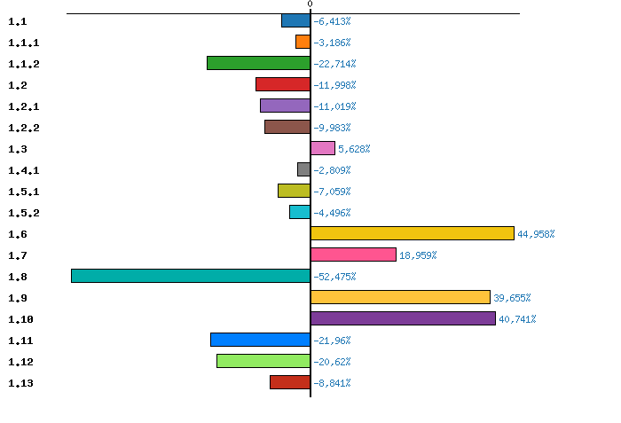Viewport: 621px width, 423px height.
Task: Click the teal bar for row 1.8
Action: click(x=191, y=276)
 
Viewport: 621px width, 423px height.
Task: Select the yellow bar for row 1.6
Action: click(x=412, y=233)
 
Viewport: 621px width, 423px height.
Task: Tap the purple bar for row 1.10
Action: click(x=403, y=318)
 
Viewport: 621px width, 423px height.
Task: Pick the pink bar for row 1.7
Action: click(x=353, y=255)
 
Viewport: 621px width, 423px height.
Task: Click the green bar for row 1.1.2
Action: click(x=258, y=63)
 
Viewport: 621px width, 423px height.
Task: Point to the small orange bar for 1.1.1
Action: click(x=303, y=42)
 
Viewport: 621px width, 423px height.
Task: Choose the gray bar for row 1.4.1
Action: click(x=303, y=169)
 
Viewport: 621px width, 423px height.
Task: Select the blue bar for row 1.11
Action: click(x=260, y=340)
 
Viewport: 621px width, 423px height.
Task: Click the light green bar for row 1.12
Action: click(x=263, y=361)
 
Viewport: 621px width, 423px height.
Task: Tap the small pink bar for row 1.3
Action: click(x=322, y=148)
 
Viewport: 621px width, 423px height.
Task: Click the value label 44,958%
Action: click(x=536, y=234)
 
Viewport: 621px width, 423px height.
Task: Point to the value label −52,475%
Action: click(x=334, y=277)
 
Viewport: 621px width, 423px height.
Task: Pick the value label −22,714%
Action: click(x=334, y=64)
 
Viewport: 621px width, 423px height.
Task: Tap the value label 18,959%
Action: click(x=418, y=255)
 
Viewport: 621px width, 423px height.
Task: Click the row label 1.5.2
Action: click(x=23, y=213)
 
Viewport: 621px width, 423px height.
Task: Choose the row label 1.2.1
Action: click(x=23, y=106)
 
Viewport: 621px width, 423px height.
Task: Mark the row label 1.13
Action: click(x=20, y=383)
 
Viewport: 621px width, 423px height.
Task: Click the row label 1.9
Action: click(x=17, y=298)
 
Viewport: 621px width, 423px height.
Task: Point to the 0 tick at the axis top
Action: click(x=310, y=4)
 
